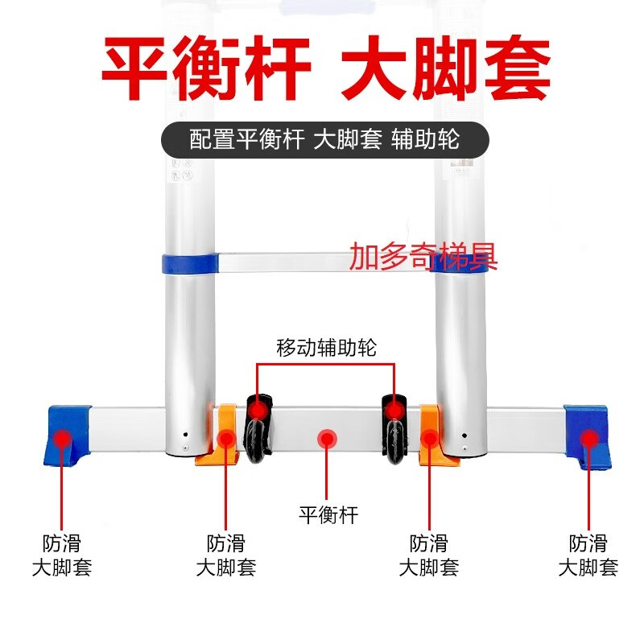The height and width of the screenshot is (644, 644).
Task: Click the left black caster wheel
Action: tap(258, 429)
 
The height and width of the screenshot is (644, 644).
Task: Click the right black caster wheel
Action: tap(394, 429)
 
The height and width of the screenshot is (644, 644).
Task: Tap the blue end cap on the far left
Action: tap(67, 436)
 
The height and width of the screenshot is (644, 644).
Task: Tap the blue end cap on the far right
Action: tap(588, 436)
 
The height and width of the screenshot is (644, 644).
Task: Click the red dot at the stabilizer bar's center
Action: tap(327, 439)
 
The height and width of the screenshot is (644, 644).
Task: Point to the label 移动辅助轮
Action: tap(327, 348)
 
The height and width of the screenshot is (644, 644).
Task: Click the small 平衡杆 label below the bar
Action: tap(328, 514)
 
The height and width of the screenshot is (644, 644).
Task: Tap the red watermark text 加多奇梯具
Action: tap(423, 257)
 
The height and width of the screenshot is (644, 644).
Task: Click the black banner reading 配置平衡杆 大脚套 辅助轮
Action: tap(325, 139)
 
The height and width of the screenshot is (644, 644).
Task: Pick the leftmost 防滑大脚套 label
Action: tap(62, 555)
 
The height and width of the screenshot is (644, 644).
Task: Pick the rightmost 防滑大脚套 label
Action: tap(588, 555)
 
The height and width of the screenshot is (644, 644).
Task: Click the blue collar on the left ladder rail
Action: tap(190, 264)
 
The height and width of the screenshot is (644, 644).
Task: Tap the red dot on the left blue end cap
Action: tap(62, 438)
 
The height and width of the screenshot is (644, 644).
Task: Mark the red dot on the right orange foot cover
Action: tap(430, 439)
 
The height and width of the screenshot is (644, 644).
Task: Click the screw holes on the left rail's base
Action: tap(186, 441)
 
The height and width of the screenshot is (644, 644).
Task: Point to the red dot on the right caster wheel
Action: tap(394, 411)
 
